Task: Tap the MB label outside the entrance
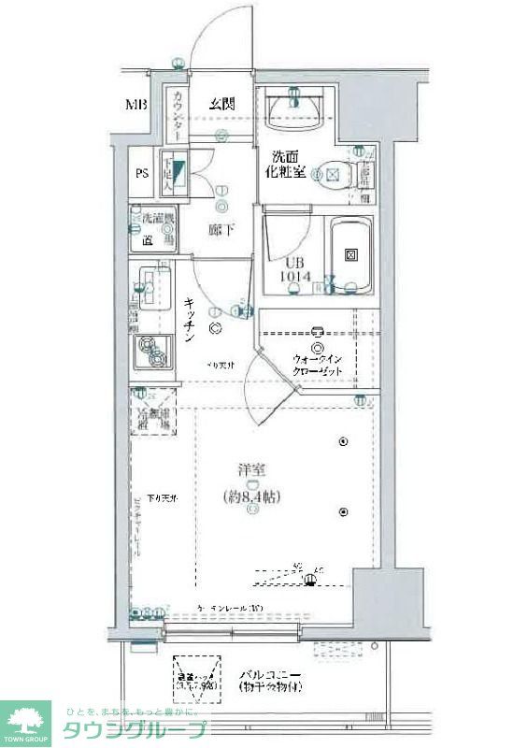136,104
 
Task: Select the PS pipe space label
142,173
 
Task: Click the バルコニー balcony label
269,674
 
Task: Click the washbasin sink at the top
295,113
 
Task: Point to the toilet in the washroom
335,173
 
